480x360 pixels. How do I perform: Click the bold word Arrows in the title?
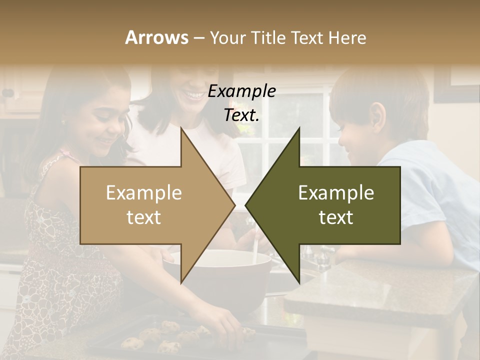(x=156, y=37)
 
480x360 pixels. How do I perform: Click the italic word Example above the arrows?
(x=241, y=91)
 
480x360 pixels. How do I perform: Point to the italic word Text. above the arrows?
(x=241, y=114)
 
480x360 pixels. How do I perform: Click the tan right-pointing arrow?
(x=150, y=205)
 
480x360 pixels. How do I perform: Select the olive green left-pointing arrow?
(x=330, y=205)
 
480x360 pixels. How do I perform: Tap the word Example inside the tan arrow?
(x=143, y=192)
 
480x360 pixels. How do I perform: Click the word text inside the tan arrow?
(x=143, y=217)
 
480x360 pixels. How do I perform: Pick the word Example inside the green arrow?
(x=336, y=192)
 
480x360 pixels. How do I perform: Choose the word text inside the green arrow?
(x=336, y=217)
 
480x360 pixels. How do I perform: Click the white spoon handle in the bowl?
(x=255, y=247)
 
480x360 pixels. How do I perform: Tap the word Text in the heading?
(x=305, y=37)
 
